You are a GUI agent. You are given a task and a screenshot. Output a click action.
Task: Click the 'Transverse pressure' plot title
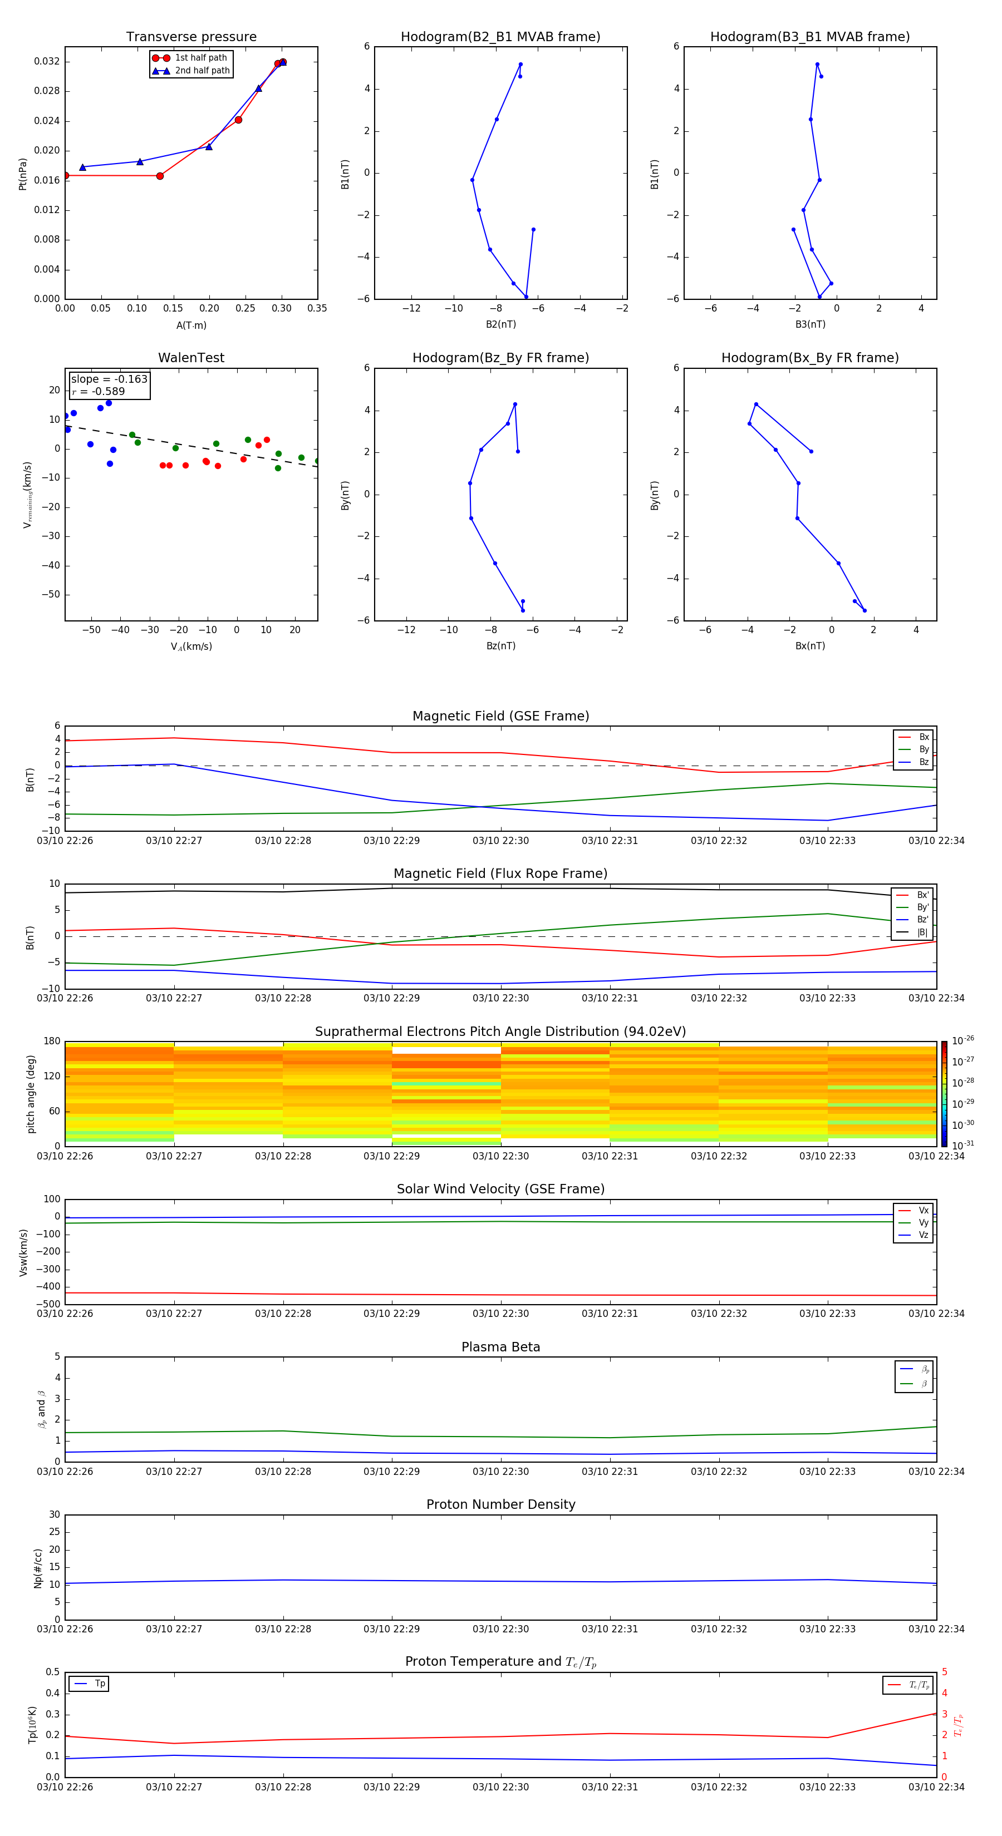191,37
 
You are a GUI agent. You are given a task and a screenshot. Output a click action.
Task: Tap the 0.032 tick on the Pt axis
47,61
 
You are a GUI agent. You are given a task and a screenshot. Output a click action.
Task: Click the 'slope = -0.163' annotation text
109,379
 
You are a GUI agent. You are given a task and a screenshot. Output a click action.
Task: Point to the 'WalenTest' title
191,358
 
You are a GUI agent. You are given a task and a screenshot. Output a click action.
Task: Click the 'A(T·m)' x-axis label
191,325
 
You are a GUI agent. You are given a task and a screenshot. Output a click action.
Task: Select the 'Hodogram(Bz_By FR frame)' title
500,358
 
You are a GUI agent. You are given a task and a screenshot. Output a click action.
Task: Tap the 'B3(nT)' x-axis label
810,324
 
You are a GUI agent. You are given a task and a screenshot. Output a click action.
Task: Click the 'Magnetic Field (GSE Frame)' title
500,716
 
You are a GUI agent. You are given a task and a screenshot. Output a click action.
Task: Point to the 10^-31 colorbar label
963,1144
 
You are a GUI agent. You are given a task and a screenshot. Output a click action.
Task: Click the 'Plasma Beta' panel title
500,1347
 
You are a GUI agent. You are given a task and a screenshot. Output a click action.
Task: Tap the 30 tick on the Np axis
54,1514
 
